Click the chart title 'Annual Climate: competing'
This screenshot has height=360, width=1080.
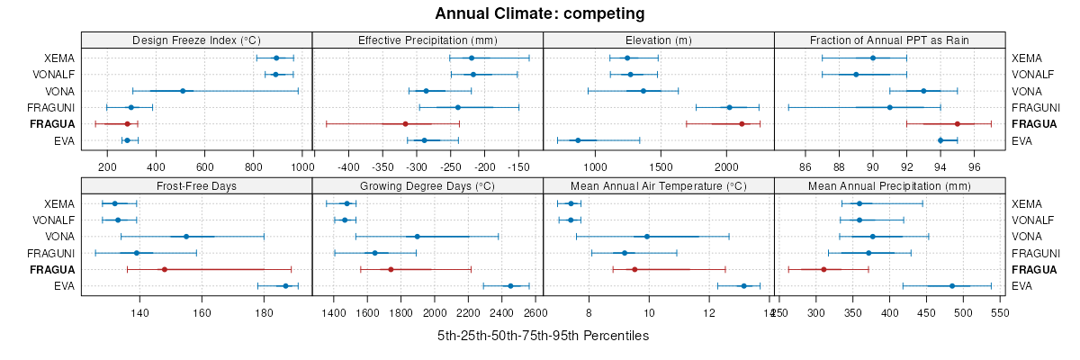(x=539, y=13)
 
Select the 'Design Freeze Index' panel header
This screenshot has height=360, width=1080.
(x=196, y=40)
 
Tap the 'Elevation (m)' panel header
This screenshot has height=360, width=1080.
(x=658, y=40)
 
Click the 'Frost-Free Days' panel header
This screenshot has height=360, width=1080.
(x=196, y=185)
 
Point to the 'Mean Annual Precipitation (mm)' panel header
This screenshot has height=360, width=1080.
(x=889, y=185)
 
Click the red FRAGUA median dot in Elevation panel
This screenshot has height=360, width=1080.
(x=742, y=124)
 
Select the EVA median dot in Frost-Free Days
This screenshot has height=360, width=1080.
(x=285, y=286)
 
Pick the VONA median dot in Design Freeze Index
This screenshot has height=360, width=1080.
(x=183, y=91)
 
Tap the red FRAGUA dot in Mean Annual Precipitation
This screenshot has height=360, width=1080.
(x=823, y=269)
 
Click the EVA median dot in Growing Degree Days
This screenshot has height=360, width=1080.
(x=510, y=286)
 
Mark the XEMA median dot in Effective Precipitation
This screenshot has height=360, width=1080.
(x=472, y=58)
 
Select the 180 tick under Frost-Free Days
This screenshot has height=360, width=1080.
(x=264, y=312)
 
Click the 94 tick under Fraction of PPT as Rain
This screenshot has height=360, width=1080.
(x=940, y=166)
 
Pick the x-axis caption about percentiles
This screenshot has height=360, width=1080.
(x=543, y=336)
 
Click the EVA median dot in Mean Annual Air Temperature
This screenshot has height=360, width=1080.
(x=743, y=286)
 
